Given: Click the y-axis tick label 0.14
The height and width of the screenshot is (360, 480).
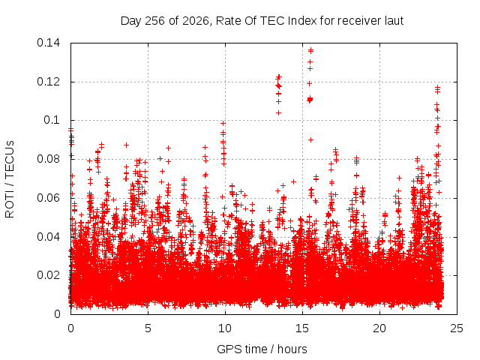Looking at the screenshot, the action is coord(48,43).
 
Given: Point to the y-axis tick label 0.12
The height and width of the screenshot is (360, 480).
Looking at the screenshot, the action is coord(48,82).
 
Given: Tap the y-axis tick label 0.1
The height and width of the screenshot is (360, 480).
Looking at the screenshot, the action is coord(52,120).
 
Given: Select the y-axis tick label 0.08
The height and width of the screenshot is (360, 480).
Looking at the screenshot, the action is coord(48,159).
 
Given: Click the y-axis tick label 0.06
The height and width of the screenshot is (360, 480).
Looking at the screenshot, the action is coord(48,198).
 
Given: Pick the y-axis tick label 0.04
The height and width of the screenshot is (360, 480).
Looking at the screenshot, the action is coord(48,237).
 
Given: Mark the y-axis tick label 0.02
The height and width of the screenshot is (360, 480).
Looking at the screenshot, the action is coord(48,275).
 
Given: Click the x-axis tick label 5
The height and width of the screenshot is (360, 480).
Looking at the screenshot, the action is coord(148,328).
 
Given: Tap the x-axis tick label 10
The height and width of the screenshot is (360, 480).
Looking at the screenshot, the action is coord(225,328).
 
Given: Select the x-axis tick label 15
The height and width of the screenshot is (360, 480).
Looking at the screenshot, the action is coord(302,328).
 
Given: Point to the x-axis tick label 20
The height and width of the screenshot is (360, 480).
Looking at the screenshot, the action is coord(379,328).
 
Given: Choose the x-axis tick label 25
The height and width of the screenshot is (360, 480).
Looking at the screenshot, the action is coord(457,328).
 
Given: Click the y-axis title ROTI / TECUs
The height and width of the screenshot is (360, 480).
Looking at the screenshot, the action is coord(10,179).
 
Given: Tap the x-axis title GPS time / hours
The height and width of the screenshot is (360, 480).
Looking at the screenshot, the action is coord(262,349).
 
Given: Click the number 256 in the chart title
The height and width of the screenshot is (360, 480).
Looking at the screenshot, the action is coord(155,21).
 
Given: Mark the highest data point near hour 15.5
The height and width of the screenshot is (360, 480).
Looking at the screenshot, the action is coord(310,49).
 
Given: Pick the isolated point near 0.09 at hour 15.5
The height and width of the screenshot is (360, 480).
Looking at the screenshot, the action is coord(310,139).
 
